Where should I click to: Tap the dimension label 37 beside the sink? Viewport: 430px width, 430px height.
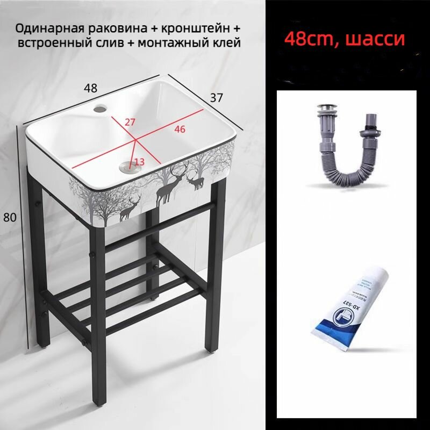(x=216, y=97)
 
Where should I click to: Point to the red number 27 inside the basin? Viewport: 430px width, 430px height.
(x=130, y=122)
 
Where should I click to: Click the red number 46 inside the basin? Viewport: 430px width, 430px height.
(x=180, y=129)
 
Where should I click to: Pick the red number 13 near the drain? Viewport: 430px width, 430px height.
(x=139, y=161)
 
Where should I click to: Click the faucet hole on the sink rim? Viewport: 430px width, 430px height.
(x=98, y=109)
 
